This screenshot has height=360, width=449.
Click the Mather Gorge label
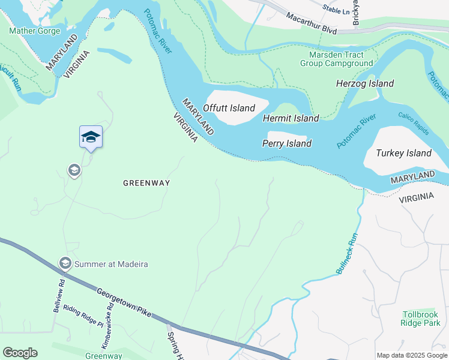point(35,31)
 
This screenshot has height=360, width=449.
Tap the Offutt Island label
point(229,108)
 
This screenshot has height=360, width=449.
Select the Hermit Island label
point(291,118)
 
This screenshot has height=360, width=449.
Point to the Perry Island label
point(287,143)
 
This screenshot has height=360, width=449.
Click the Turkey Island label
point(403,153)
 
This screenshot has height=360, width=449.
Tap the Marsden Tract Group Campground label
point(337,58)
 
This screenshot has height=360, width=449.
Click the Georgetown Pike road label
point(125,302)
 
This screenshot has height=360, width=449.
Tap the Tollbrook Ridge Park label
point(421,318)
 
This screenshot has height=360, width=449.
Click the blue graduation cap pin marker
point(91,137)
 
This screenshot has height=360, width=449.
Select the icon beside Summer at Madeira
point(65,263)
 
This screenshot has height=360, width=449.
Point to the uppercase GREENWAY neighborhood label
point(146,183)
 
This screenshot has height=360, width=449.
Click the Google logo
point(20,353)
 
